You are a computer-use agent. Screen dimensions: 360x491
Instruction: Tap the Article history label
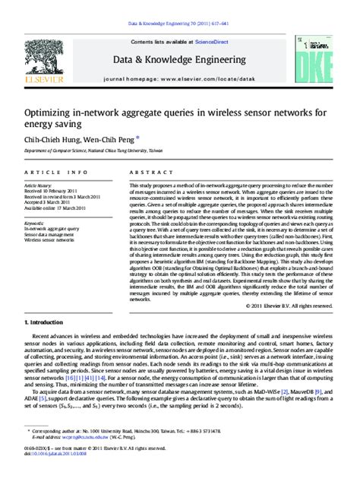[x=41, y=185]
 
